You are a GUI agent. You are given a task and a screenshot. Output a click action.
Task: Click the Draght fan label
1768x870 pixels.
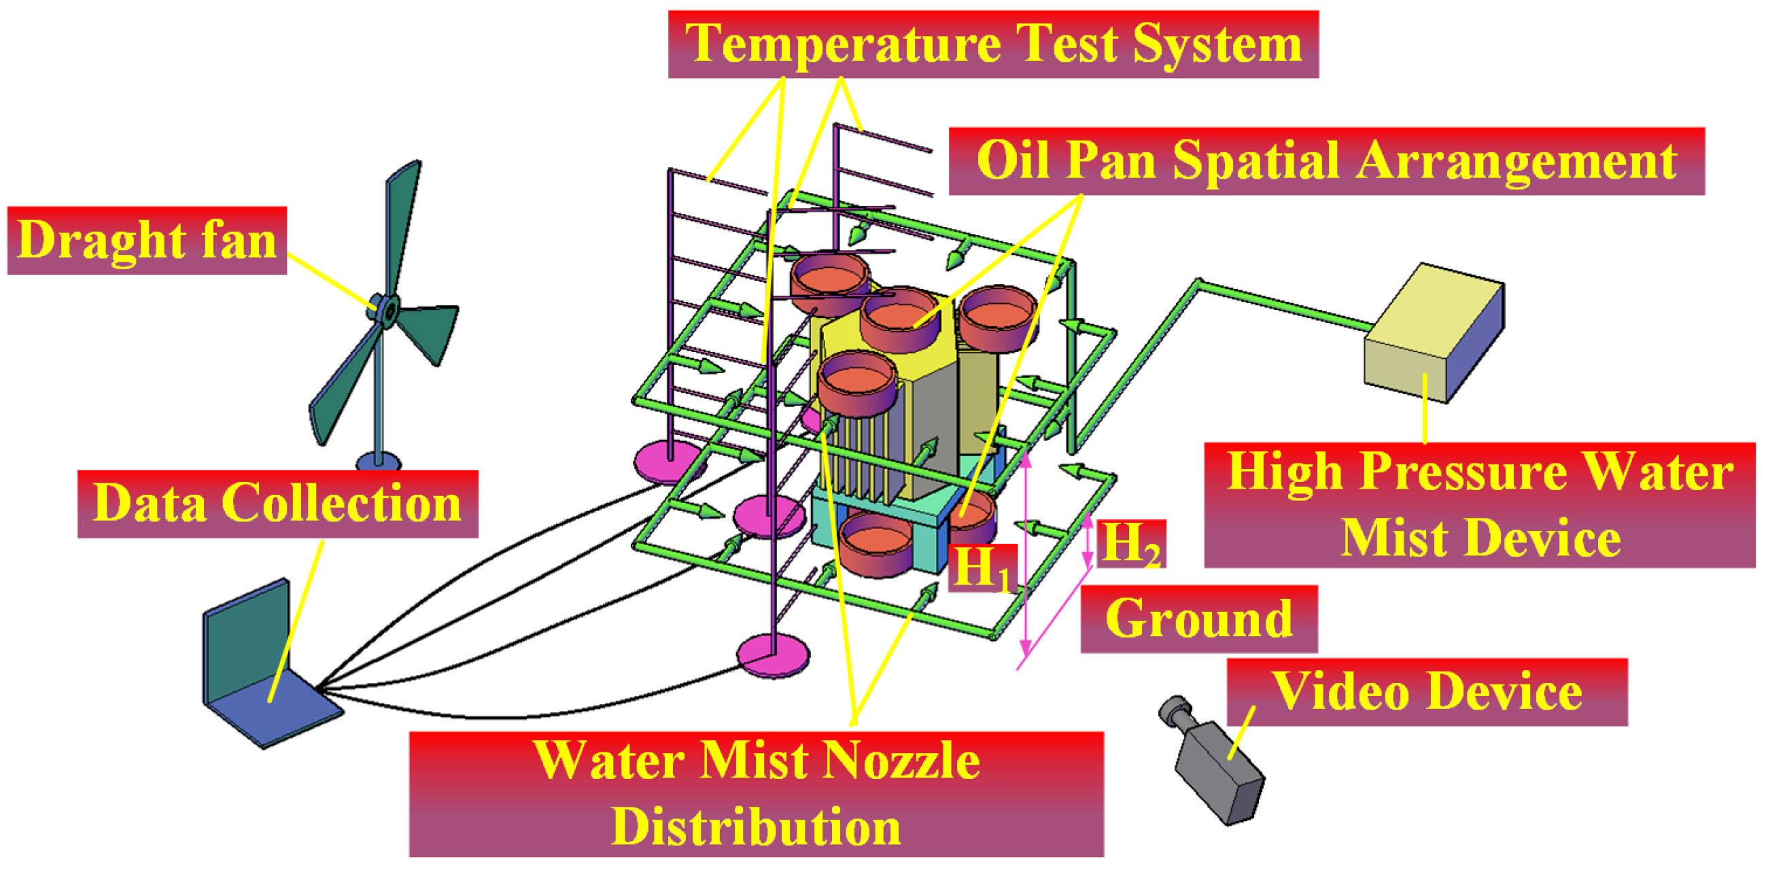coord(146,240)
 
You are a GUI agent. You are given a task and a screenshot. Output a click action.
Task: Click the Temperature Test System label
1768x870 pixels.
coord(992,44)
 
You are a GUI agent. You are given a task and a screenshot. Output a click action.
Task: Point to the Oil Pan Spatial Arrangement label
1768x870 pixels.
coord(1326,161)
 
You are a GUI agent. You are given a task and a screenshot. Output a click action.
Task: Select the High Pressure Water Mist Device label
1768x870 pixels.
coord(1479,505)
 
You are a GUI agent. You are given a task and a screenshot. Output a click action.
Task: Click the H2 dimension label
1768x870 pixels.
coord(1130,543)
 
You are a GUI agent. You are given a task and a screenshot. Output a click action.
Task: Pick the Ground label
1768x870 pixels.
coord(1198,619)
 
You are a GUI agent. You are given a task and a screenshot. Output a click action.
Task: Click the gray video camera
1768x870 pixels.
coord(1215,765)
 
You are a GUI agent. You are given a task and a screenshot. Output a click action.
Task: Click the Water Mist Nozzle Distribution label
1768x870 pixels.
coord(756,794)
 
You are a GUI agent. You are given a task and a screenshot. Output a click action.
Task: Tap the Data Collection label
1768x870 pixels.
coord(277,504)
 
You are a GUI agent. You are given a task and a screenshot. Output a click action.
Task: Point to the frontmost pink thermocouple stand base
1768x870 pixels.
coord(773,655)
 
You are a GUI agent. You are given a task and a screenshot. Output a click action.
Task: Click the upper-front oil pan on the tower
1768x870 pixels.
coord(857,384)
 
